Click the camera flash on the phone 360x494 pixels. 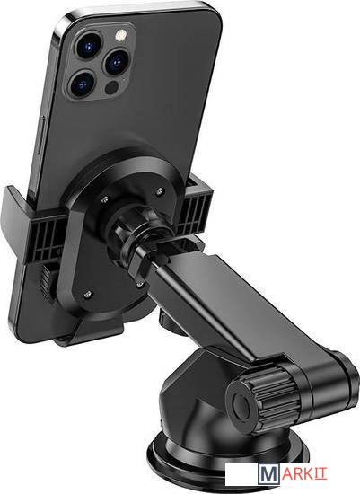[x=120, y=35]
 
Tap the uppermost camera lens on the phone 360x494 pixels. [x=89, y=44]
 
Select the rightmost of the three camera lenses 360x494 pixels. [x=116, y=62]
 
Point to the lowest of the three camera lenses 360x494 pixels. [x=83, y=84]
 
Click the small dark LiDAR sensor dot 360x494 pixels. [x=111, y=88]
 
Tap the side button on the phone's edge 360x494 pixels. [x=41, y=135]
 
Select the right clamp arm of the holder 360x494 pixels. [x=198, y=208]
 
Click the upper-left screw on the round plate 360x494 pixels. [x=105, y=199]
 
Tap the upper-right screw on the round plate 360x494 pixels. [x=160, y=191]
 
